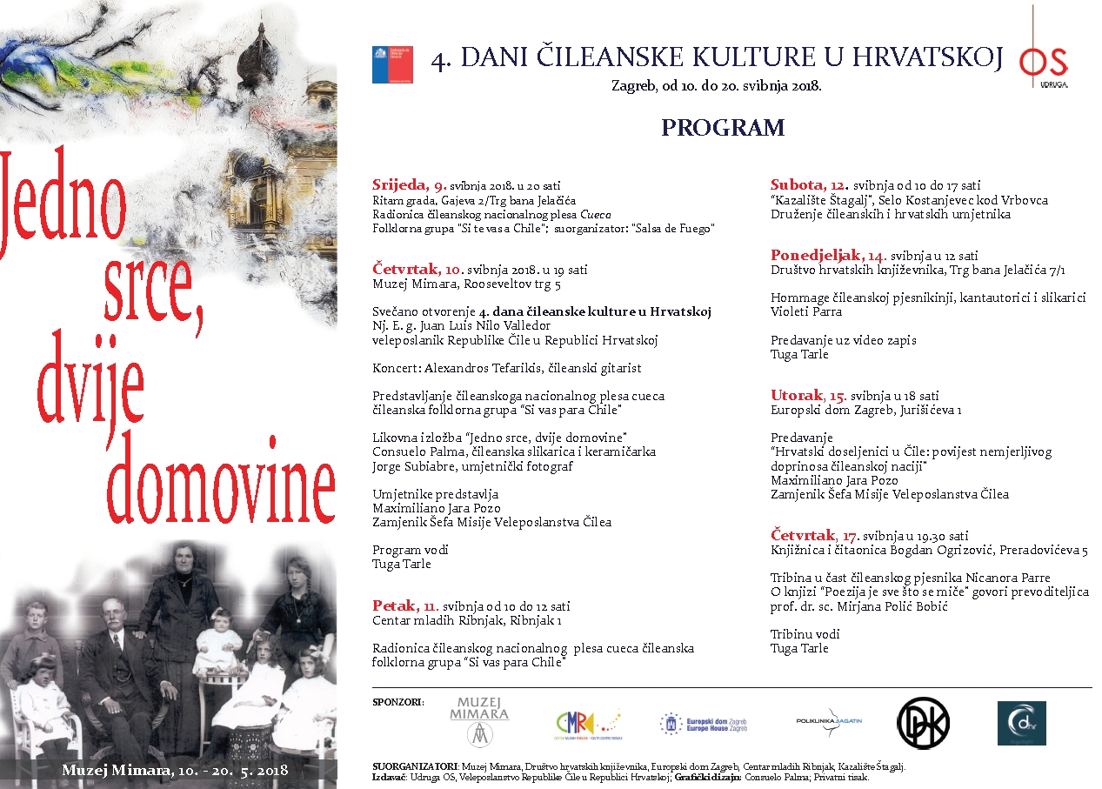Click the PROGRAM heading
[723, 128]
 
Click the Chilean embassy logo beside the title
[392, 64]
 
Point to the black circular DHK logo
[923, 722]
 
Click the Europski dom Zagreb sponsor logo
[704, 723]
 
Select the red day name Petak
[394, 605]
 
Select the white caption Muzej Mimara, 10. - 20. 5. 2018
[174, 771]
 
